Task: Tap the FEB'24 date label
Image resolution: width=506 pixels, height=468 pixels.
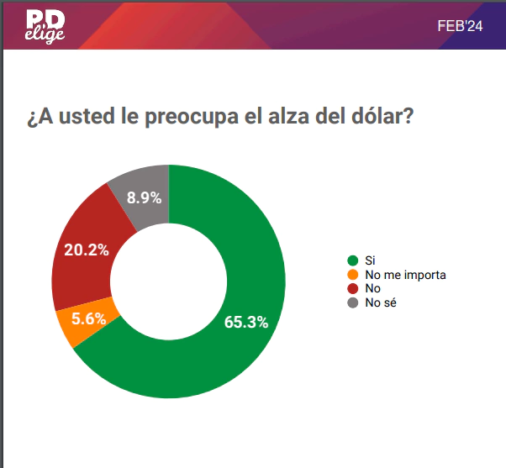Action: click(x=460, y=26)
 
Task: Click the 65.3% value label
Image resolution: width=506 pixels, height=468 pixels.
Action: click(x=246, y=323)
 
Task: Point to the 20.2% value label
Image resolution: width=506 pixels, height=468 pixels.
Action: click(x=87, y=250)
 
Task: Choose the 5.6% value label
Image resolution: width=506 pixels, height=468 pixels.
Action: click(x=89, y=318)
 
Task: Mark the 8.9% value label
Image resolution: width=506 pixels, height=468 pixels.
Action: click(x=144, y=198)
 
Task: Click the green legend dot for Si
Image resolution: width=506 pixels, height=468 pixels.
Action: click(x=353, y=261)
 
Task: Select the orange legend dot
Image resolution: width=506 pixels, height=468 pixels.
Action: click(x=353, y=275)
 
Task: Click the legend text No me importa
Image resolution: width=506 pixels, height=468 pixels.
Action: click(x=405, y=275)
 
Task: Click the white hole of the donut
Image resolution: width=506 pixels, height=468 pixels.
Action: click(x=169, y=281)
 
